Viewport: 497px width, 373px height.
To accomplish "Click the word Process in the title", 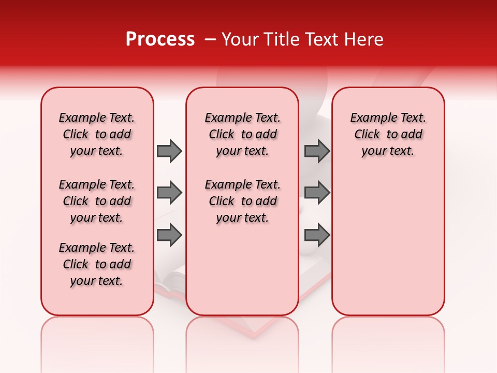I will click(x=160, y=39).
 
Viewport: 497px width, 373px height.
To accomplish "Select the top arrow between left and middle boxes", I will click(x=169, y=151).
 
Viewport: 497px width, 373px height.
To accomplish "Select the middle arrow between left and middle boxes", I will click(x=169, y=193).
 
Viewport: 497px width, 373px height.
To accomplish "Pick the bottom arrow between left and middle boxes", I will click(x=169, y=235).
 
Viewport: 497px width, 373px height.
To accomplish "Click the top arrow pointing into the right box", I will click(x=317, y=151).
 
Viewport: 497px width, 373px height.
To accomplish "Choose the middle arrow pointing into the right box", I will click(x=317, y=193).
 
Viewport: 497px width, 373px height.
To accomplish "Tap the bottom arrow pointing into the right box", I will click(x=317, y=235).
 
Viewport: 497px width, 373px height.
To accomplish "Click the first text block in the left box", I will click(x=97, y=134).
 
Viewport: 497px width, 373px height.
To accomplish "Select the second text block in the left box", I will click(x=97, y=201).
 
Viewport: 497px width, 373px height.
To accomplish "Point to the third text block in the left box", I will click(x=97, y=264).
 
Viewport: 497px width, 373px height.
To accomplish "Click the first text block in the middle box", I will click(x=242, y=134).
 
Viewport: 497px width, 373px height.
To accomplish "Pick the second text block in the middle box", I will click(x=242, y=201).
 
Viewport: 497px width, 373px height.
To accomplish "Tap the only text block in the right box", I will click(x=388, y=134).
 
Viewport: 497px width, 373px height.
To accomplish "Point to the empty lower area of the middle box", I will click(x=242, y=269).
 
